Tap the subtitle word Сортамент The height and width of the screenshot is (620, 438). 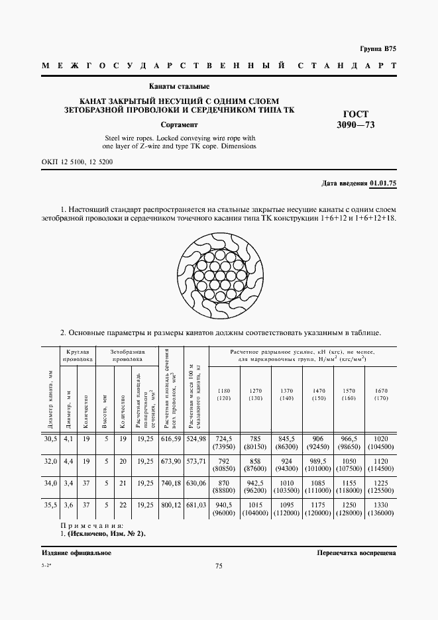tap(179, 124)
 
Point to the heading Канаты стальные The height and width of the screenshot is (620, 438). tap(179, 86)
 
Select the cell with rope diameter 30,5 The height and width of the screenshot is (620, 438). tap(50, 439)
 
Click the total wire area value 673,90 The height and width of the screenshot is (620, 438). tap(171, 460)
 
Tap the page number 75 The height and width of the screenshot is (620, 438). tap(219, 566)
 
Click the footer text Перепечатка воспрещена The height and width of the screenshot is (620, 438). tap(356, 552)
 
